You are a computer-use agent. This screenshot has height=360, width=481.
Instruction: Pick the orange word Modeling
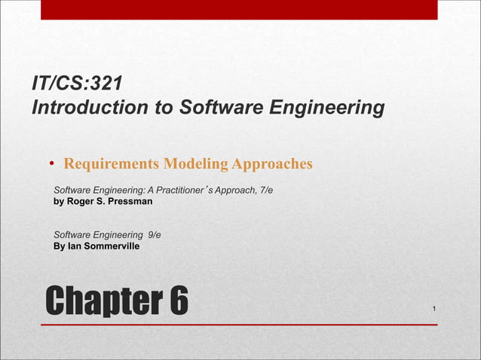pyautogui.click(x=195, y=163)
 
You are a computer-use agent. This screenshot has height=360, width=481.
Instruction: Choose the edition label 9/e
pyautogui.click(x=154, y=235)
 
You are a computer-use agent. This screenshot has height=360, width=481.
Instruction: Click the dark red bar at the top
pyautogui.click(x=238, y=9)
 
